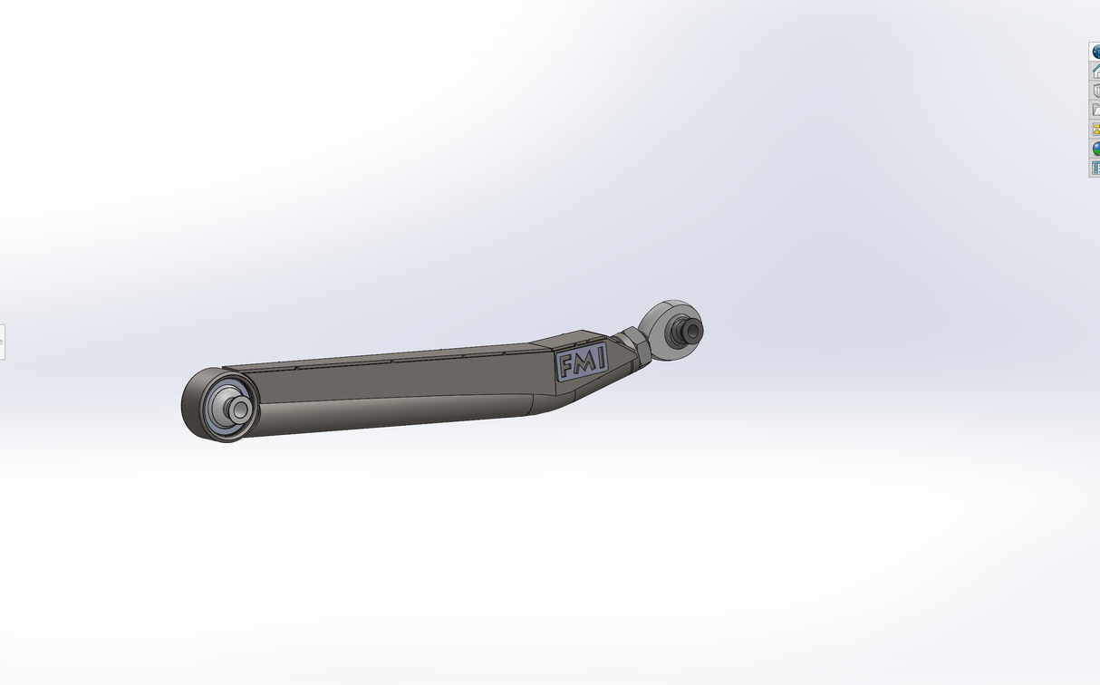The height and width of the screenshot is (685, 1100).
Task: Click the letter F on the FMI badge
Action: coord(566,366)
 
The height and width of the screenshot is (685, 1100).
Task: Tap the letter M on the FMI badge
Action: coord(583,363)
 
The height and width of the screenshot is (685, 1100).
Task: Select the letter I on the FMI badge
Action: coord(598,360)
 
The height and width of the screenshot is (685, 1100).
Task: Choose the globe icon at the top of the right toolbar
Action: coord(1095,53)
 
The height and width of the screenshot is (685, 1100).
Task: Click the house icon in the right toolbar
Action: coord(1095,72)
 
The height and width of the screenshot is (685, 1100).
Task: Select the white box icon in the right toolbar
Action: coord(1095,91)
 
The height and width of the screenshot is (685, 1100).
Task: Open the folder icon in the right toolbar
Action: coord(1095,110)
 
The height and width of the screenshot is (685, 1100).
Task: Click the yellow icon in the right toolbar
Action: coord(1095,130)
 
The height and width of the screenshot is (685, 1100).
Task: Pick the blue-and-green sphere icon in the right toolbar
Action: coord(1095,149)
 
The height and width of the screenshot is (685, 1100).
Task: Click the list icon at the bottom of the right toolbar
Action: coord(1095,168)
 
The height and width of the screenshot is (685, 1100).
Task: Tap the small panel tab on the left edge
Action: coord(2,342)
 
